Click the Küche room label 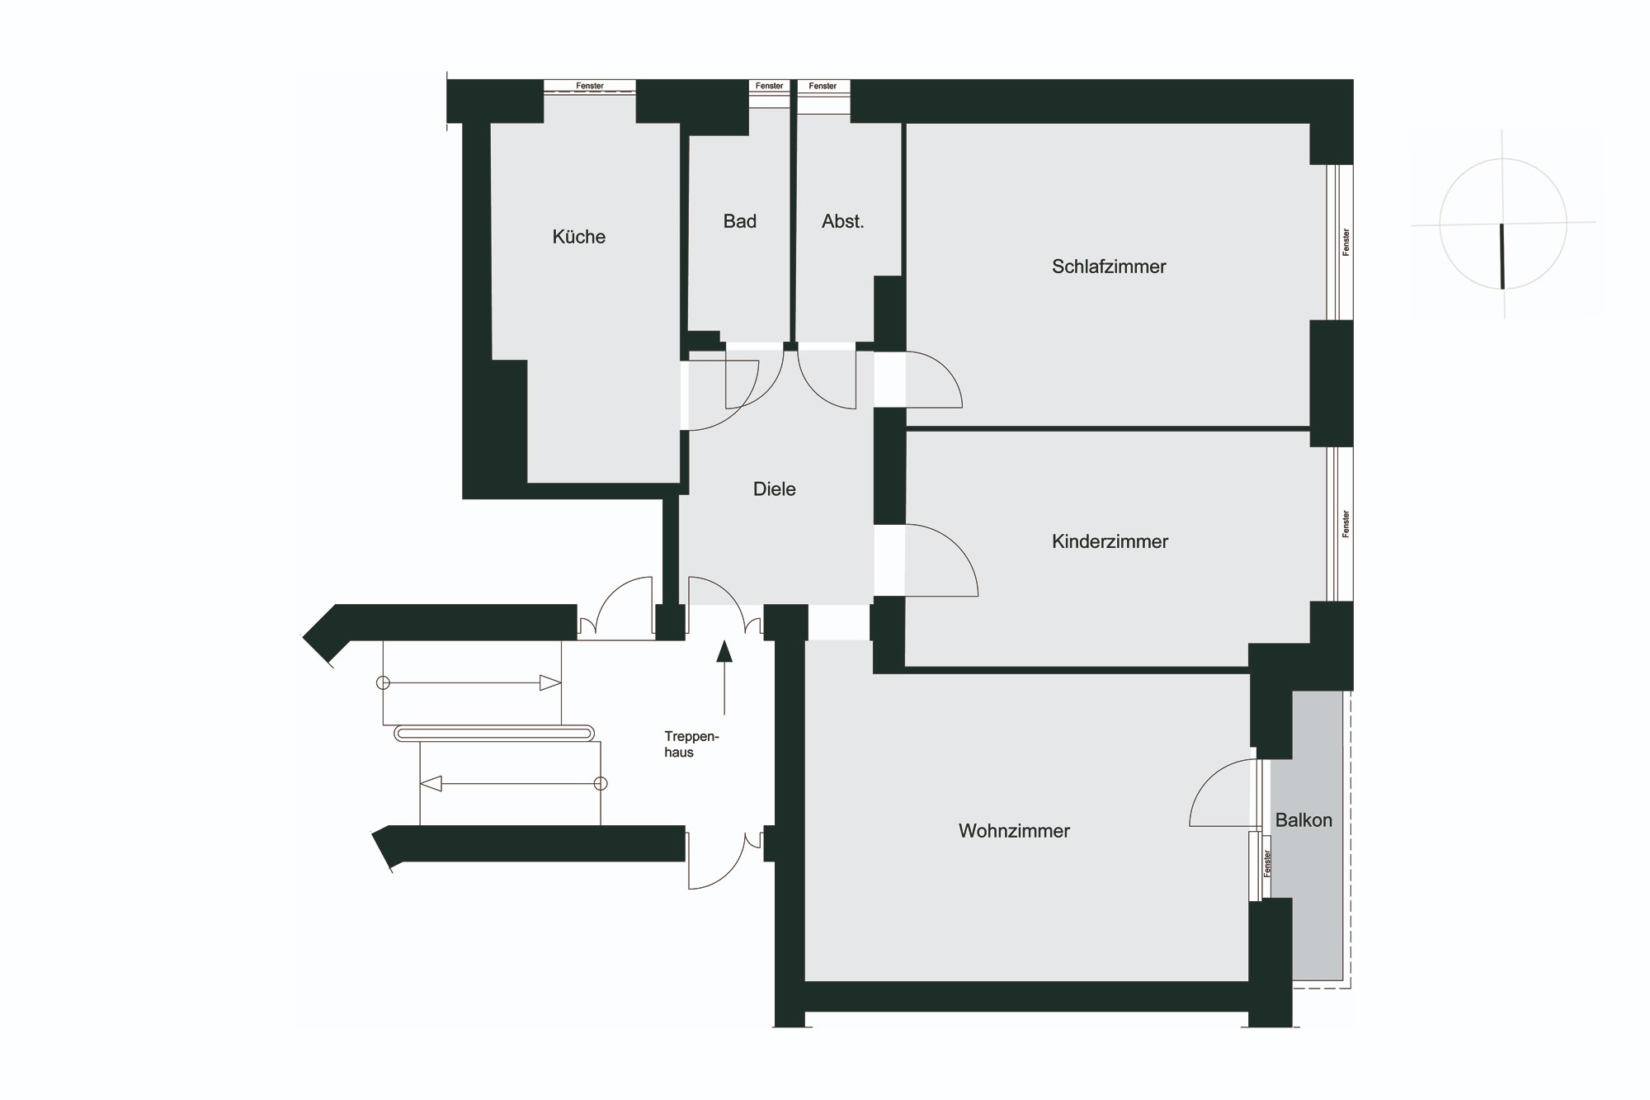(x=579, y=237)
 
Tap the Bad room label (x=740, y=221)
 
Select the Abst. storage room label (x=842, y=221)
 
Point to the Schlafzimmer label (x=1109, y=267)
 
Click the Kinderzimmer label (x=1110, y=541)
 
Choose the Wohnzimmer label (x=1014, y=831)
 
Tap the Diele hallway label (x=775, y=489)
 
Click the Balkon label (x=1303, y=820)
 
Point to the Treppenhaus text (x=691, y=744)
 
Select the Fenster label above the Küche (x=590, y=86)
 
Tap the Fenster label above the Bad (x=769, y=86)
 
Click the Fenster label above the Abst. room (x=823, y=86)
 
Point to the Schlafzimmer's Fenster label (x=1346, y=242)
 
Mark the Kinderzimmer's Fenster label (x=1346, y=524)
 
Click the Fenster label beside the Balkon (x=1267, y=863)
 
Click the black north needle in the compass (x=1502, y=256)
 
